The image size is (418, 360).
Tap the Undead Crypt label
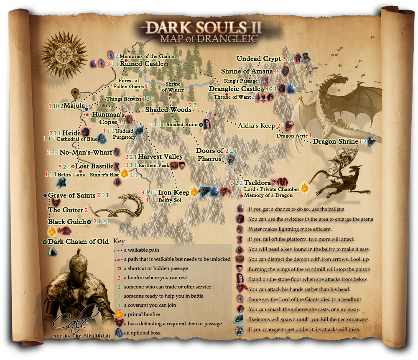(258, 59)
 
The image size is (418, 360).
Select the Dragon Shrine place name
(336, 141)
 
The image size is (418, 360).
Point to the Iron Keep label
(173, 193)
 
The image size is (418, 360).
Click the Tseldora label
(257, 183)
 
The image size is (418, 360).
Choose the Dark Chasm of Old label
(78, 242)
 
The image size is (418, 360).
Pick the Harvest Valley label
(160, 156)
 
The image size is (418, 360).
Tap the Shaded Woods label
(168, 110)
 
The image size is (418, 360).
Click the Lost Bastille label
(94, 166)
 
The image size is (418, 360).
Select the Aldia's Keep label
(256, 125)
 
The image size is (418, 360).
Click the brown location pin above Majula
(76, 94)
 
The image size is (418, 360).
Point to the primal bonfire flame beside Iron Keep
(194, 192)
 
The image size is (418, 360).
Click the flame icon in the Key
(119, 314)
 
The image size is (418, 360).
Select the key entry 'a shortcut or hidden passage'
(155, 268)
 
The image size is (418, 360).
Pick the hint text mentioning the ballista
(297, 209)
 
